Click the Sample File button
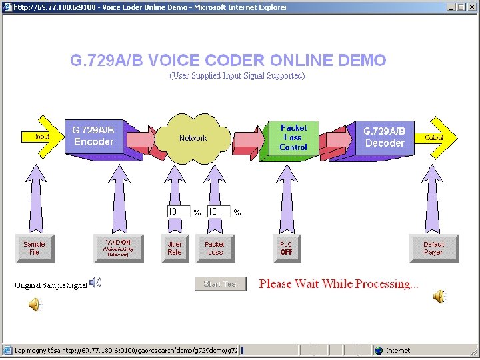click(34, 248)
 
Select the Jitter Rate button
click(175, 248)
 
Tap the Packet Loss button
click(215, 248)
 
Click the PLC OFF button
click(287, 248)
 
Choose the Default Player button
click(433, 248)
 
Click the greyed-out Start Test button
click(221, 284)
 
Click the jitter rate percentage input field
click(178, 211)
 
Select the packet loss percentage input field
click(217, 211)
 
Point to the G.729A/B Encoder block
click(94, 137)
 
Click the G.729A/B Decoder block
click(384, 137)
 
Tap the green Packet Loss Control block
click(293, 137)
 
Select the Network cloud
click(193, 138)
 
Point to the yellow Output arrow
click(437, 137)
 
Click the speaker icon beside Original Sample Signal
click(96, 283)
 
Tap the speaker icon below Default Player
click(439, 297)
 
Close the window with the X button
click(471, 7)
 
